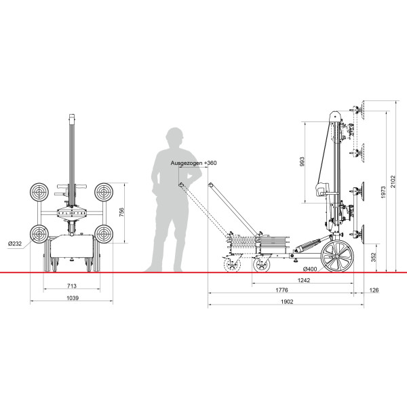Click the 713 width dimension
click(72, 286)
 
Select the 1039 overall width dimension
click(73, 298)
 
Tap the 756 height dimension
click(121, 212)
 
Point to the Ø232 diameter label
click(15, 244)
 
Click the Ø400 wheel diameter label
click(310, 269)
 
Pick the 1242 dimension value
click(303, 280)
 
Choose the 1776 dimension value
click(282, 290)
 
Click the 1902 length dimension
click(287, 302)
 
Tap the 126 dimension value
click(374, 290)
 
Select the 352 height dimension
click(374, 258)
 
